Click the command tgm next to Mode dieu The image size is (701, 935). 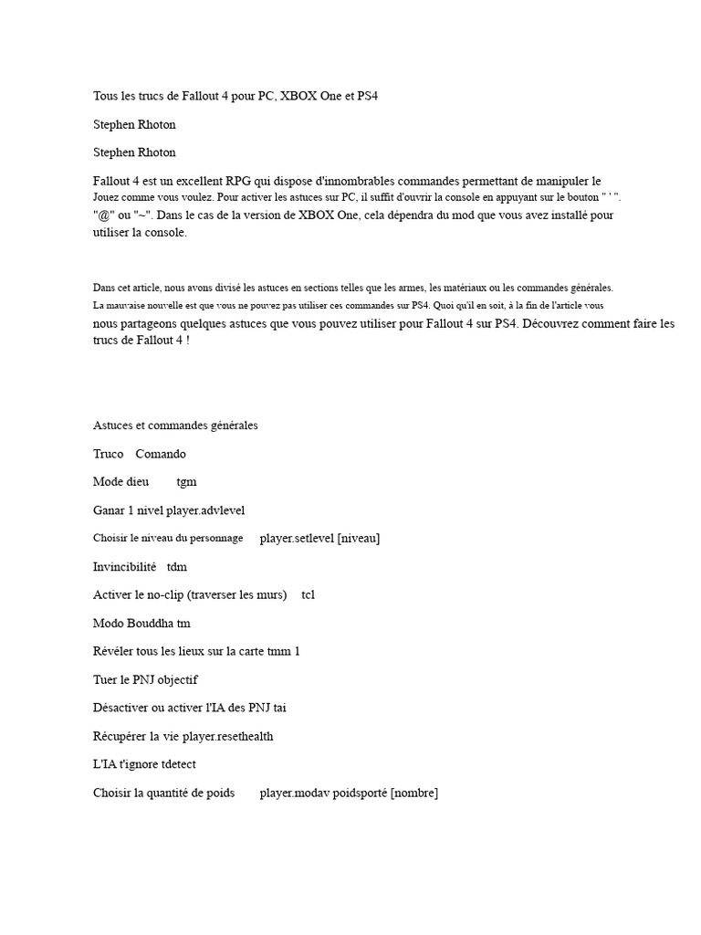tap(186, 481)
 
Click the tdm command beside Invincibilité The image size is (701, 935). tap(177, 566)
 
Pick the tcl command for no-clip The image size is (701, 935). tap(309, 594)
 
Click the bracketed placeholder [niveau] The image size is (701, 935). tap(359, 538)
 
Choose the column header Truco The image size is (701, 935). tap(109, 454)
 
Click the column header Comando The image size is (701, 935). tap(161, 454)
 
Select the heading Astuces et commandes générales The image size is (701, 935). tap(175, 425)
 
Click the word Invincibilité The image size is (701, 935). tap(125, 566)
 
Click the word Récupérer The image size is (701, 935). tap(120, 736)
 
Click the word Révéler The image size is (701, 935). tap(114, 651)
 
